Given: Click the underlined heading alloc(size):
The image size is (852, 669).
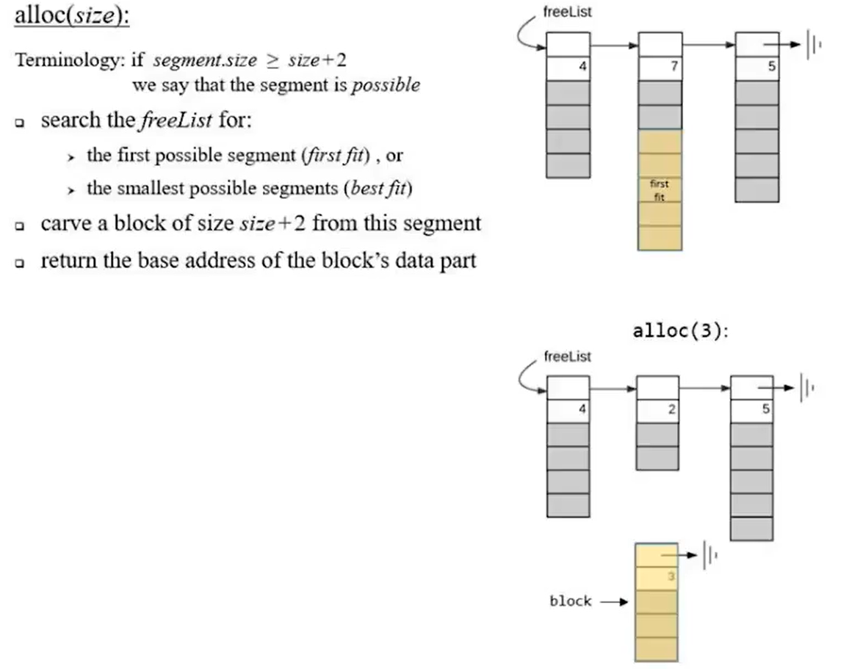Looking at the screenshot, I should pos(71,17).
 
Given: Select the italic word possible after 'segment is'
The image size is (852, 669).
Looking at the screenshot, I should pos(386,84).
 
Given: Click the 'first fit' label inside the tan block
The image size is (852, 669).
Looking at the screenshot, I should pos(659,191).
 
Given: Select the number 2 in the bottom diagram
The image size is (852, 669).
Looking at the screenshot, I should pos(671,409).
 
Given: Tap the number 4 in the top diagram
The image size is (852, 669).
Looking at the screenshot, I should pos(582,67).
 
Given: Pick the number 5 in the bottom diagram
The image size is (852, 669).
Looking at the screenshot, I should pos(765,409).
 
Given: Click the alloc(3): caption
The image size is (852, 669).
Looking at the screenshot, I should pos(680,331).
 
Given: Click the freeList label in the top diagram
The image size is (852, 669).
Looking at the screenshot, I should pos(567,12).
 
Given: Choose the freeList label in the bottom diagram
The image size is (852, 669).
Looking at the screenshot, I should pos(567,356).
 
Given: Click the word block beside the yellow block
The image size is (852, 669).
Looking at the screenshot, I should pos(571,601).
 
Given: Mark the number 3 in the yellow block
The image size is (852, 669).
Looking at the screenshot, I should pos(671,577).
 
